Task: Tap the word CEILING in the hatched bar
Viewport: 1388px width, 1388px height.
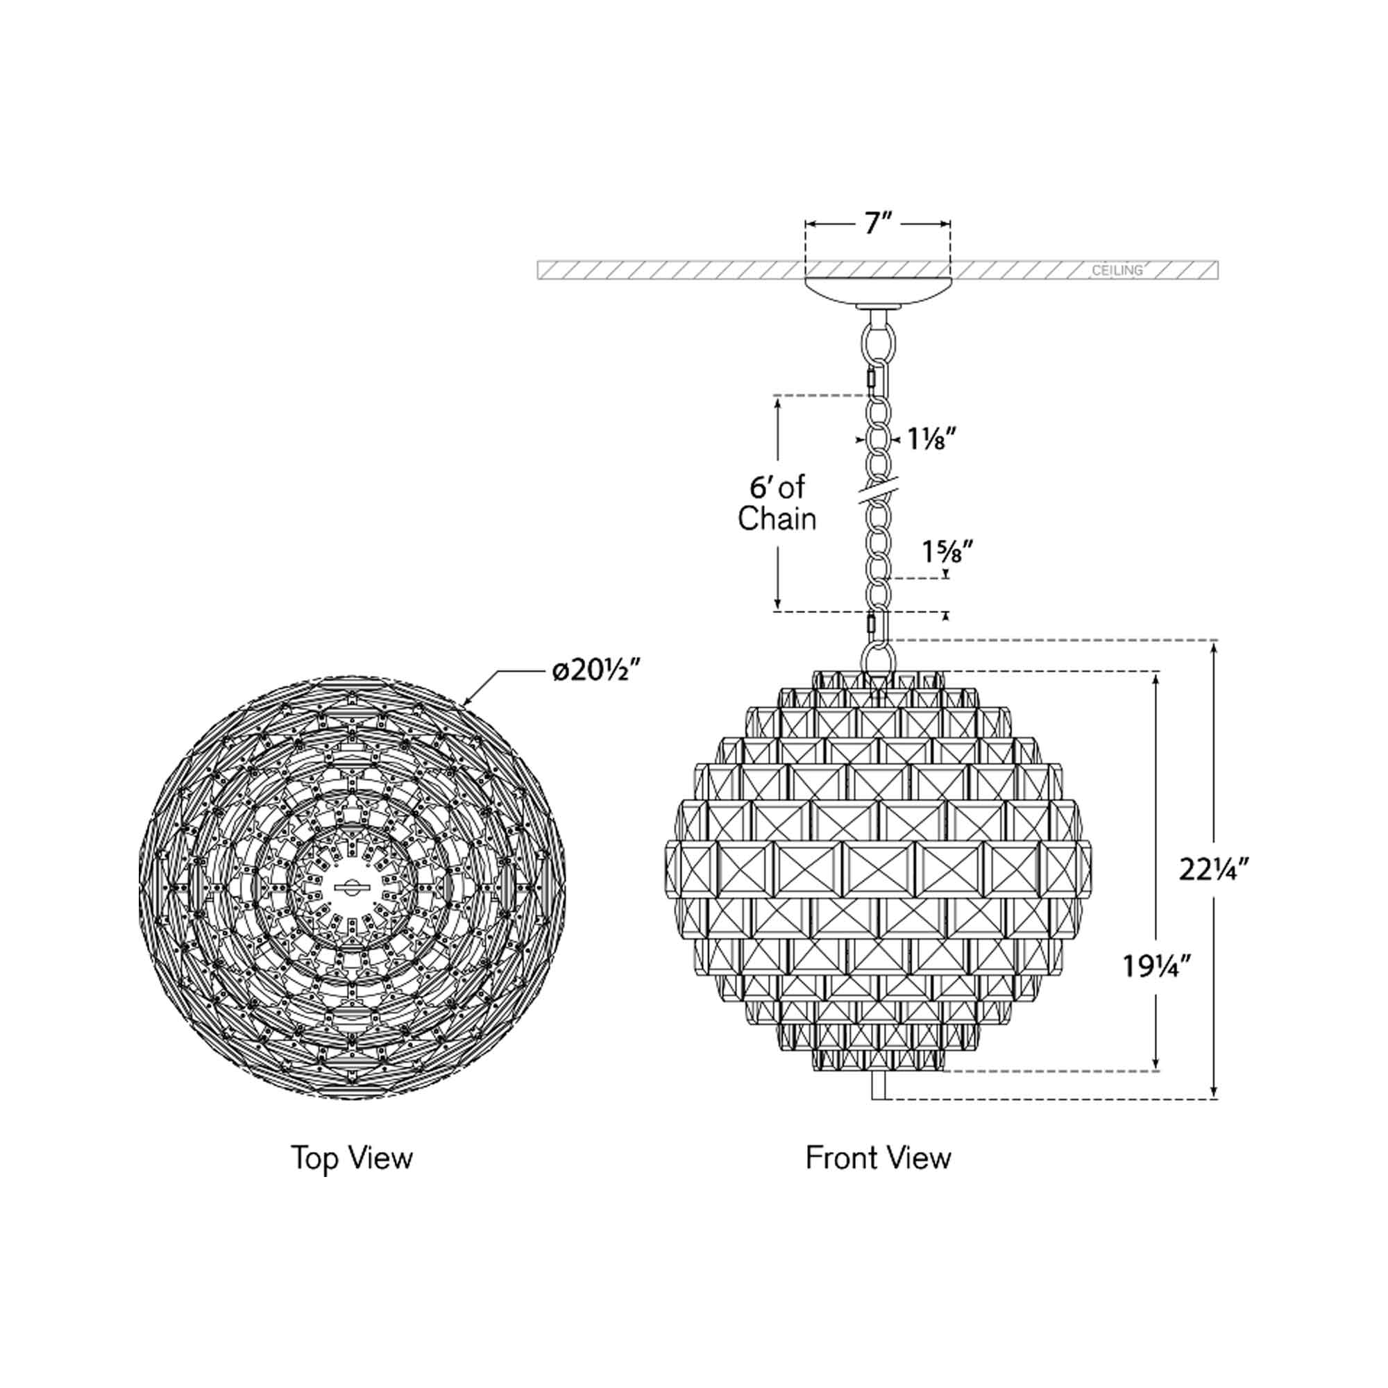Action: (1117, 271)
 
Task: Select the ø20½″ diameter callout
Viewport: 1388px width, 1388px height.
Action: (595, 671)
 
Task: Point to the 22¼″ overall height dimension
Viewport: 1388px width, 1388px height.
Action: (1214, 870)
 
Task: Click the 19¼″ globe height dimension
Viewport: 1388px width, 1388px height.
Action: (1158, 967)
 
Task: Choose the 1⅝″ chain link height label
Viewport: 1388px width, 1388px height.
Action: (947, 552)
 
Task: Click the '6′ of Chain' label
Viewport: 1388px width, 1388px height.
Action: (777, 503)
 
